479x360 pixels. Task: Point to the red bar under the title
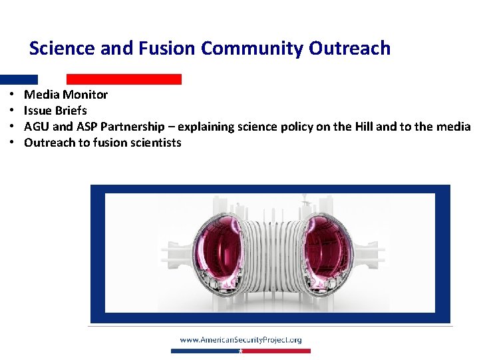coord(124,79)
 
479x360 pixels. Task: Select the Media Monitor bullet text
coord(65,95)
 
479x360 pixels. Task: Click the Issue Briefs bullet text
coord(55,111)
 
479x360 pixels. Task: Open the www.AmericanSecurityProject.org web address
coord(240,340)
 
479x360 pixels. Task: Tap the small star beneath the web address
coord(240,350)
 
